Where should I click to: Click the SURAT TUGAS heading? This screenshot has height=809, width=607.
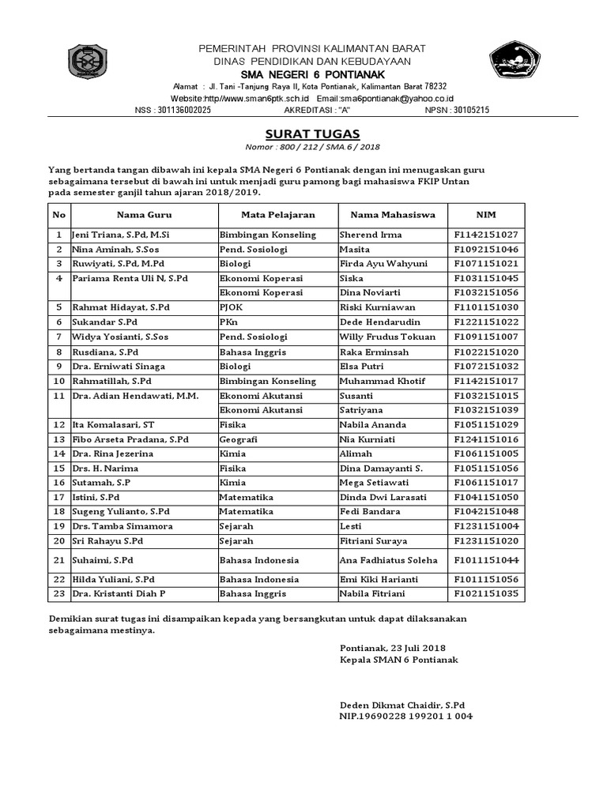303,134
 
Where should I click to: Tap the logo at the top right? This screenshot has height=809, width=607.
515,62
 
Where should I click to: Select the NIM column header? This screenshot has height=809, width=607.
485,214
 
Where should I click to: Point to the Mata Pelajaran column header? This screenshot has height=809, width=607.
278,214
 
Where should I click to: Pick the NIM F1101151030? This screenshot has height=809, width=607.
485,307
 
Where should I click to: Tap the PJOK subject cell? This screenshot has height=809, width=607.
232,307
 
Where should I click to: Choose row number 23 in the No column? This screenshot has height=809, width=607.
58,593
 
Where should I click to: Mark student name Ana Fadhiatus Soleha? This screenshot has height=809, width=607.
387,560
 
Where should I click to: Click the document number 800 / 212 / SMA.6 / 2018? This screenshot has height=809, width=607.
303,147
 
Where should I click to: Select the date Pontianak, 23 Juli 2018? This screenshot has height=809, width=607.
393,647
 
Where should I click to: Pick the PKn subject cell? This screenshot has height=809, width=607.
230,322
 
